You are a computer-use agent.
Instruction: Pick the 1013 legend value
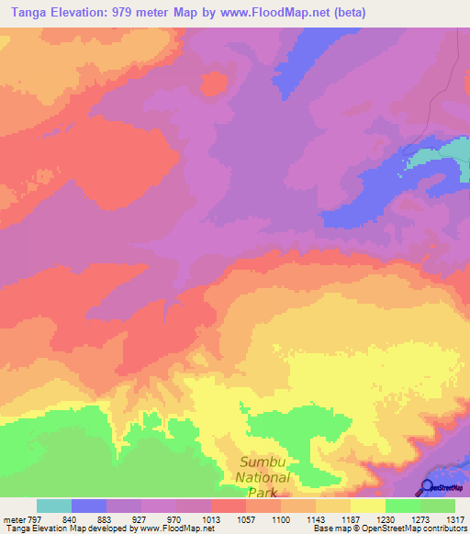pos(211,518)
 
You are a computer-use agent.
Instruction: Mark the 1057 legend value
pos(246,518)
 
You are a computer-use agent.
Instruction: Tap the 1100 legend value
pos(281,518)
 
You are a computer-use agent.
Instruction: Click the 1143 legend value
pos(316,518)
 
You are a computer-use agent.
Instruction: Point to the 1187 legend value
pos(351,518)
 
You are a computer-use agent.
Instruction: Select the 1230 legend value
pos(386,518)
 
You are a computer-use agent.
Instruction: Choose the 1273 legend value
pos(420,518)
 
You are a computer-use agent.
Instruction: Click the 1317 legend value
pos(455,518)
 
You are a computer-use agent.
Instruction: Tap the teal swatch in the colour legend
pos(54,506)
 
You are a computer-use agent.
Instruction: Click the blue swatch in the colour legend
pos(89,506)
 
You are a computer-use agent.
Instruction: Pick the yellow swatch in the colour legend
pos(368,506)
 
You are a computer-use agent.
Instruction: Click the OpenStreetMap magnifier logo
pos(425,488)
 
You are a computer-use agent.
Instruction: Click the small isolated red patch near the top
pos(214,84)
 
